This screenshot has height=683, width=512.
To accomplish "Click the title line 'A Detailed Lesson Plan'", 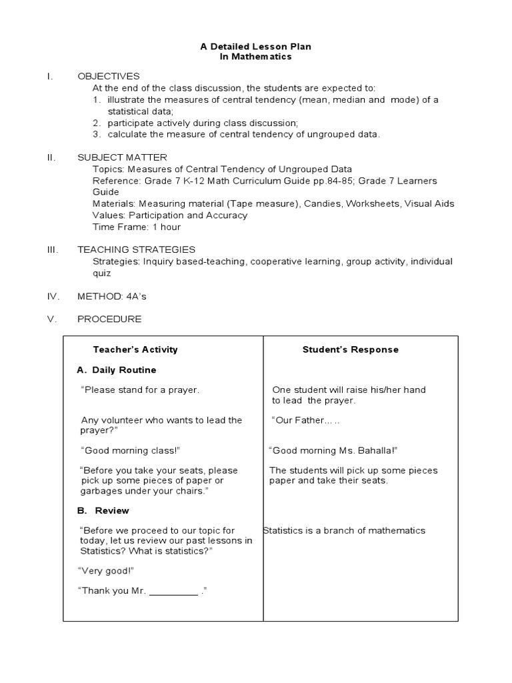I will pyautogui.click(x=256, y=47).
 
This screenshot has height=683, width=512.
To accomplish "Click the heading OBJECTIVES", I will pyautogui.click(x=109, y=76).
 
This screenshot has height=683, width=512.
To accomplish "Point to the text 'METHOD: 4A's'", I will pyautogui.click(x=109, y=295).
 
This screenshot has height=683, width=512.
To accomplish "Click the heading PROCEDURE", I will pyautogui.click(x=109, y=319).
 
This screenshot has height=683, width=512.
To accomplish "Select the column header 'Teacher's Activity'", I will pyautogui.click(x=135, y=350).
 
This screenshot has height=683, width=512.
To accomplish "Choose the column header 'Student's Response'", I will pyautogui.click(x=351, y=350).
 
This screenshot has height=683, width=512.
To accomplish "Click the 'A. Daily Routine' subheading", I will pyautogui.click(x=117, y=370).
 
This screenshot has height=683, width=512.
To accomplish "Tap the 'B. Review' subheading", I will pyautogui.click(x=103, y=510).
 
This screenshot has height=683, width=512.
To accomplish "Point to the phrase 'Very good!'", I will pyautogui.click(x=106, y=571).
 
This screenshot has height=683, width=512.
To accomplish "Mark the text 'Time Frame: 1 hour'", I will pyautogui.click(x=137, y=227).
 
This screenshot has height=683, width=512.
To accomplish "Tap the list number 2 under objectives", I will pyautogui.click(x=96, y=123).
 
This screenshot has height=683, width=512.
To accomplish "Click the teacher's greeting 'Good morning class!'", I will pyautogui.click(x=130, y=450).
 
